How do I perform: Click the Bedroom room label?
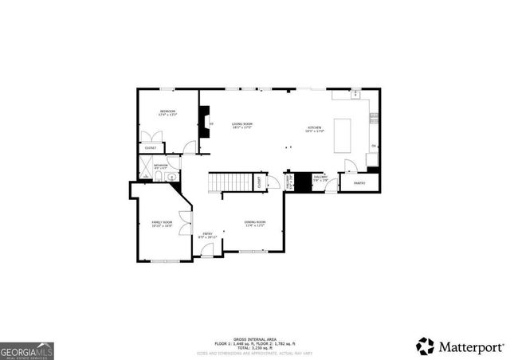tap(167, 112)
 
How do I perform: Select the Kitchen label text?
tap(316, 128)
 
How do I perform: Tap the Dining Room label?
tap(254, 224)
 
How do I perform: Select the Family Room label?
tap(162, 224)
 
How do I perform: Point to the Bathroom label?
tap(160, 166)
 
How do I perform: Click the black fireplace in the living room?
tap(206, 121)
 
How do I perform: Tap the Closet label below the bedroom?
tap(151, 148)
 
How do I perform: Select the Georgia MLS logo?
tap(27, 350)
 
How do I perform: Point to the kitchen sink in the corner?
tap(357, 96)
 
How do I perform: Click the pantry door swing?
tap(350, 166)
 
